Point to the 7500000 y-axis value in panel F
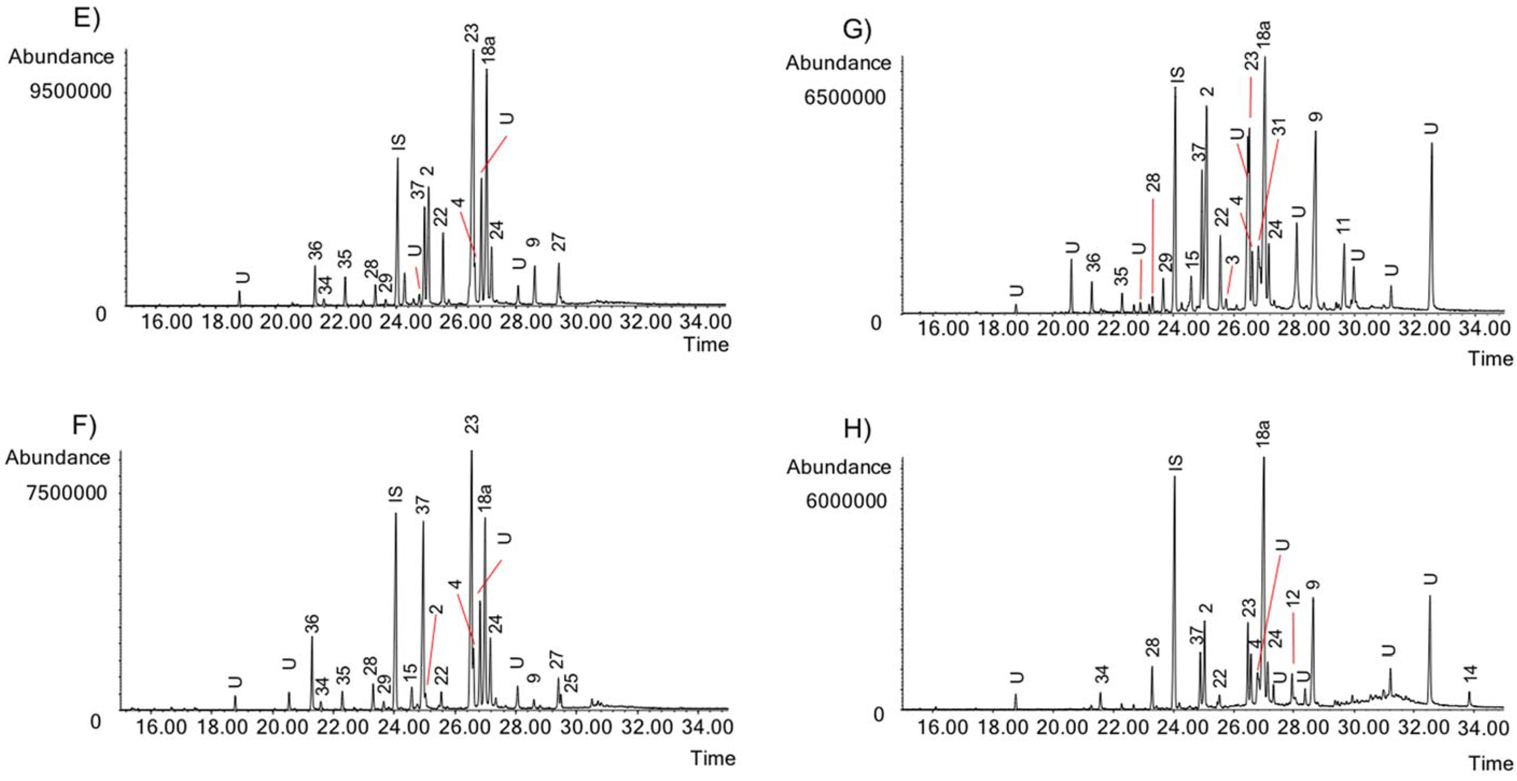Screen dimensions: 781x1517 [x=66, y=492]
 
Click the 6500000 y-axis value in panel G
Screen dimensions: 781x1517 [x=846, y=97]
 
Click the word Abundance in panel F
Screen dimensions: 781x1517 [x=58, y=457]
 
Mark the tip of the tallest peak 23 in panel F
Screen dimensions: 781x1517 [x=471, y=451]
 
